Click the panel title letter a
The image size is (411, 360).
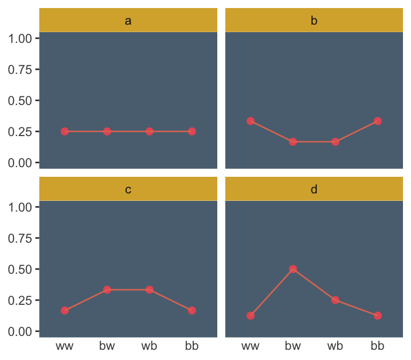click(128, 21)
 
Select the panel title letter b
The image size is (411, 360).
click(314, 21)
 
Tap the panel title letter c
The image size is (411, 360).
click(128, 190)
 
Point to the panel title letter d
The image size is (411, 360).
click(314, 190)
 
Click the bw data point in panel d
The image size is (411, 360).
click(293, 269)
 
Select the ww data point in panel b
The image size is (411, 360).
click(250, 121)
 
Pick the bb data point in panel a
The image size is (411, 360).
click(192, 131)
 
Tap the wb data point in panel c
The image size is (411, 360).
click(149, 290)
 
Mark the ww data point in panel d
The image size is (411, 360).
click(250, 316)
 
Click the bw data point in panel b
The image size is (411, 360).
click(293, 142)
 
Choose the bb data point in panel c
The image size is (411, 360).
click(192, 311)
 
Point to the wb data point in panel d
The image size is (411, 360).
click(335, 300)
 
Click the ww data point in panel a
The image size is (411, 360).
click(65, 131)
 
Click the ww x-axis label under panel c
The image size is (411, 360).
click(65, 346)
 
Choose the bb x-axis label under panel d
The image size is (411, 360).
click(377, 346)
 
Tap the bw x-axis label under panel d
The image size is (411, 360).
click(293, 346)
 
